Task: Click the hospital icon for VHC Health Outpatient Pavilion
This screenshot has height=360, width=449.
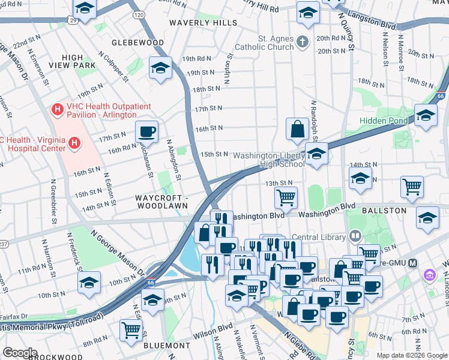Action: pyautogui.click(x=57, y=109)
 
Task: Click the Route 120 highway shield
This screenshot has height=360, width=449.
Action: pyautogui.click(x=139, y=14)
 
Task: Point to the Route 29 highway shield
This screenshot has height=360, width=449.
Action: pyautogui.click(x=72, y=20)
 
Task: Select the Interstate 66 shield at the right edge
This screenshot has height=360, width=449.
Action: pyautogui.click(x=441, y=95)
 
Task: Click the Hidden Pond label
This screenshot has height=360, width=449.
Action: pyautogui.click(x=383, y=121)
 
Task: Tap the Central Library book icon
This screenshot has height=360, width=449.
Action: pyautogui.click(x=355, y=236)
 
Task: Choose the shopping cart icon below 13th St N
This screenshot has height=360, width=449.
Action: pyautogui.click(x=286, y=196)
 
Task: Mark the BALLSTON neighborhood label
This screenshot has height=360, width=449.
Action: pyautogui.click(x=384, y=211)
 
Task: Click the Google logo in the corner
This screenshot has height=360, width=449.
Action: pyautogui.click(x=20, y=353)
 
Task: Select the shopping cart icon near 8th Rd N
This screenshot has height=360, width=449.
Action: pyautogui.click(x=131, y=329)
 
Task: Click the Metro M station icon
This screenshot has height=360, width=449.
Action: pyautogui.click(x=412, y=263)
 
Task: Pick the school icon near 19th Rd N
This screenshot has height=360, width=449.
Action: pyautogui.click(x=160, y=68)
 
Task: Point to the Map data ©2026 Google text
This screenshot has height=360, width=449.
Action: pyautogui.click(x=412, y=355)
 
